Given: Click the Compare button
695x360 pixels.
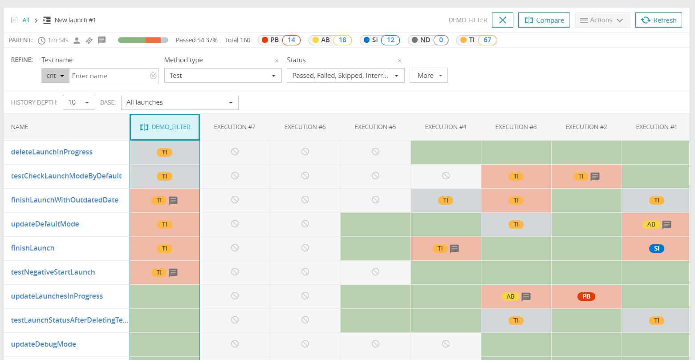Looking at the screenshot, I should [x=544, y=20].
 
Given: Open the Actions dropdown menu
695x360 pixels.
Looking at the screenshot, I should [x=602, y=20].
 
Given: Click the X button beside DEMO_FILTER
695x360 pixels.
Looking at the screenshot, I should [x=502, y=20].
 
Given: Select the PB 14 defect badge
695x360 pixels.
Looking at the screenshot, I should [x=279, y=40].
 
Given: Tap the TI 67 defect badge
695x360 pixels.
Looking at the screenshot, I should [x=476, y=40].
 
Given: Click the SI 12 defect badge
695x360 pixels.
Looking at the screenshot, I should [x=379, y=40].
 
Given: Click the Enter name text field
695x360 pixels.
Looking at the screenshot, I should [x=110, y=76].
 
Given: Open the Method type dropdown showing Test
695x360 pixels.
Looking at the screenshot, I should [x=223, y=76].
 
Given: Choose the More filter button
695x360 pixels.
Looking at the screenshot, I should [x=428, y=76].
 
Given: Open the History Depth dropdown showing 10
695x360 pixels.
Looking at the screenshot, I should [x=79, y=102].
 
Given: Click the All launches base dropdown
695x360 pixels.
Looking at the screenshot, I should [x=179, y=102].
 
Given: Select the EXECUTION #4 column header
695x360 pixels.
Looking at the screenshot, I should [x=445, y=127].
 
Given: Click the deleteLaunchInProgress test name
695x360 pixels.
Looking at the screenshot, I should [x=52, y=152].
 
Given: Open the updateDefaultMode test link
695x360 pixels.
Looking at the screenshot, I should [x=45, y=224].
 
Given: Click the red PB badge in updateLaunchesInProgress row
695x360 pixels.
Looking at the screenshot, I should [x=586, y=296].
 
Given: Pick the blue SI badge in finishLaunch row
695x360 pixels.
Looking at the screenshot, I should [x=656, y=248].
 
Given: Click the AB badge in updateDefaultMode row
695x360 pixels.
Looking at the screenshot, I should [x=651, y=224].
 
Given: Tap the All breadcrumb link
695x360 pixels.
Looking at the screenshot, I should [x=26, y=20].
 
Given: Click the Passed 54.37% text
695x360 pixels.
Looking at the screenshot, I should [x=196, y=40].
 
